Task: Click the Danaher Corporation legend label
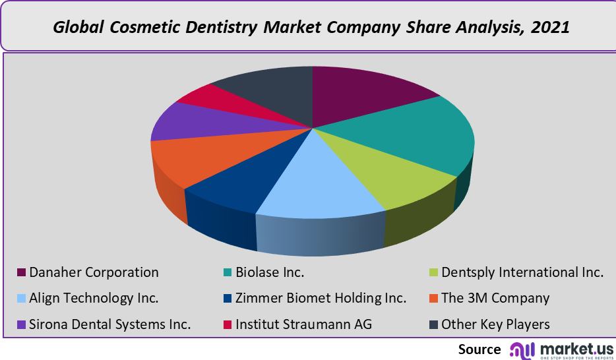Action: pyautogui.click(x=94, y=272)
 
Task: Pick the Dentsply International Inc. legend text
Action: pyautogui.click(x=522, y=272)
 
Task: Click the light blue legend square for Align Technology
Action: pyautogui.click(x=21, y=299)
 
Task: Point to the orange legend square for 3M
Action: pyautogui.click(x=433, y=299)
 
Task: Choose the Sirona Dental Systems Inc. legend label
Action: pyautogui.click(x=109, y=324)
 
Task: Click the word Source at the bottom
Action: pyautogui.click(x=479, y=349)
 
